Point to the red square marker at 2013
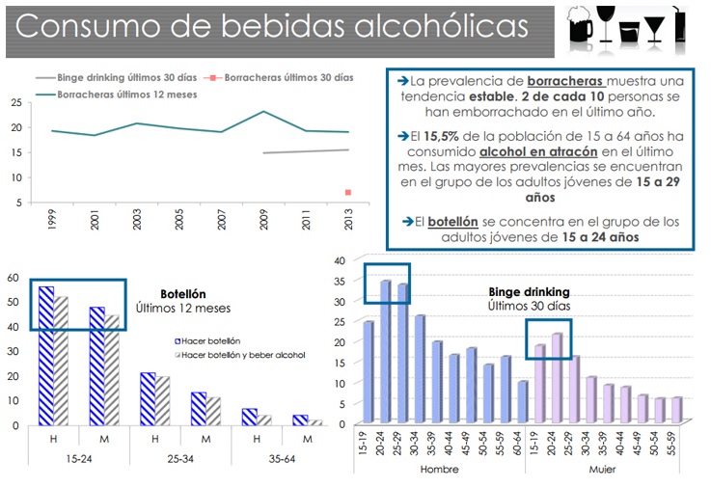pos(347,193)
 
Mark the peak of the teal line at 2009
pos(263,112)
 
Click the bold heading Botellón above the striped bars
pos(182,294)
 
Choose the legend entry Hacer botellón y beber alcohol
pos(242,355)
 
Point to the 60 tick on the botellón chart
pos(13,277)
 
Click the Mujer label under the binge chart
pos(603,469)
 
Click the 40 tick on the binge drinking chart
pos(339,259)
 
